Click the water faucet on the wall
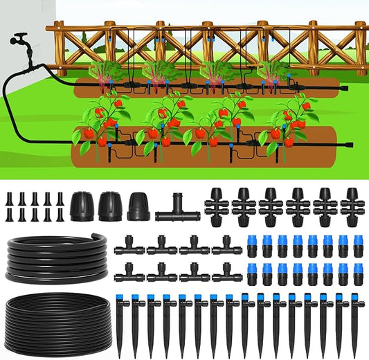click(19, 40)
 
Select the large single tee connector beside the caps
click(177, 211)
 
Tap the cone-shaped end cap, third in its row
click(138, 206)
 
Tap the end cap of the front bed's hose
click(348, 145)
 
